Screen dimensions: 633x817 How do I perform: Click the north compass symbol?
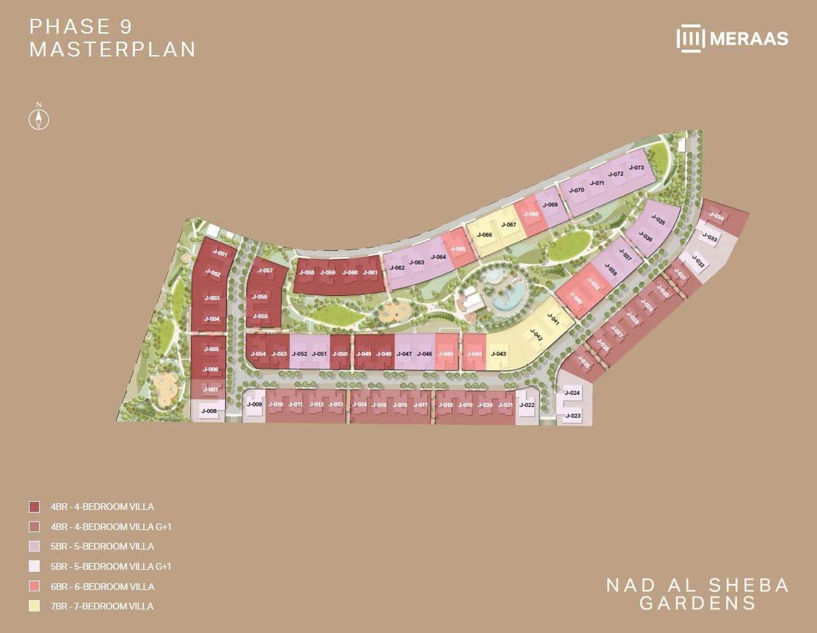pyautogui.click(x=39, y=118)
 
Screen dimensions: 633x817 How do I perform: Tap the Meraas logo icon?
pyautogui.click(x=690, y=38)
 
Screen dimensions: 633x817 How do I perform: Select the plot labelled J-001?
pyautogui.click(x=220, y=254)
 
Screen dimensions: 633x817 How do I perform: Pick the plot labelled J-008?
pyautogui.click(x=209, y=411)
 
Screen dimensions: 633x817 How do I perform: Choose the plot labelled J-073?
pyautogui.click(x=636, y=167)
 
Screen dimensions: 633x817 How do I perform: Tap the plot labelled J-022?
pyautogui.click(x=527, y=404)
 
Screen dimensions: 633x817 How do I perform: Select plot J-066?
pyautogui.click(x=485, y=235)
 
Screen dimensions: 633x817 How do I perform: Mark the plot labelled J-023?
pyautogui.click(x=573, y=416)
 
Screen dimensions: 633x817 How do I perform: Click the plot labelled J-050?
pyautogui.click(x=341, y=355)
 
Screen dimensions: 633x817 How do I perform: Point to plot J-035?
pyautogui.click(x=658, y=221)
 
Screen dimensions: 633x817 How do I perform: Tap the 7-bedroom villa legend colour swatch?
pyautogui.click(x=34, y=606)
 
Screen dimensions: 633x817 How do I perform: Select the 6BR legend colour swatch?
pyautogui.click(x=34, y=587)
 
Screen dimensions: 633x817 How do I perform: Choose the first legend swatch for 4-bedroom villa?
pyautogui.click(x=34, y=507)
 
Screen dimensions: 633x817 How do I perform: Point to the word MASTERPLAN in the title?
pyautogui.click(x=112, y=50)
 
